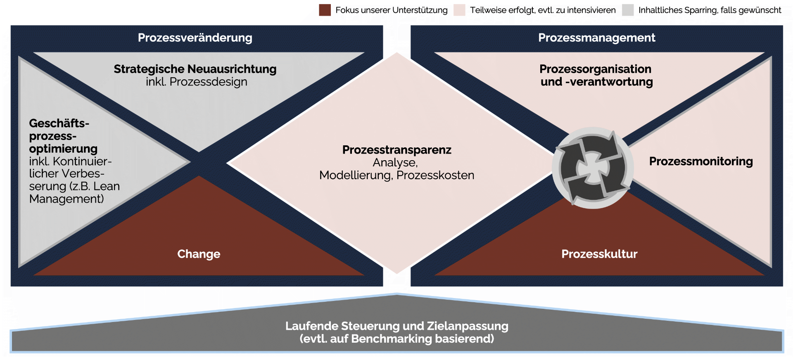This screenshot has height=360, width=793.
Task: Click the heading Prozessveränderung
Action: (x=195, y=38)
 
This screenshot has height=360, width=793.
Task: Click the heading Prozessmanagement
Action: (x=596, y=38)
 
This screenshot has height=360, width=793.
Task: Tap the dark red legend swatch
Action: (x=325, y=10)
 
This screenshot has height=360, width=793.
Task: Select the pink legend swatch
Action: (x=459, y=10)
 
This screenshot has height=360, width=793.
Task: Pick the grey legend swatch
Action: (x=628, y=10)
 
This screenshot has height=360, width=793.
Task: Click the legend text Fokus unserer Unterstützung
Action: (x=392, y=10)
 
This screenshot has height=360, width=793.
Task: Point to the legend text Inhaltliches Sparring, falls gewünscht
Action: (x=710, y=10)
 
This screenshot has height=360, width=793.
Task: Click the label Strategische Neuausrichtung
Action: (x=195, y=69)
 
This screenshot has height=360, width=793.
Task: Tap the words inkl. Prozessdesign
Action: (x=197, y=82)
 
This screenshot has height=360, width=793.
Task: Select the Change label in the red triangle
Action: (x=199, y=254)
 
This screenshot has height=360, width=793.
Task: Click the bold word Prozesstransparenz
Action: (x=397, y=149)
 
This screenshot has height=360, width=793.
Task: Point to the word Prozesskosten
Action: (x=435, y=175)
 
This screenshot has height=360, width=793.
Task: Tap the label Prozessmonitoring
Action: (x=701, y=161)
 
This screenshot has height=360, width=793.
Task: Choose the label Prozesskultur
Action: (x=599, y=254)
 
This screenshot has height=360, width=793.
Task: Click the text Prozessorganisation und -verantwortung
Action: (x=596, y=75)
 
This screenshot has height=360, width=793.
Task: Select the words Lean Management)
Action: (x=75, y=192)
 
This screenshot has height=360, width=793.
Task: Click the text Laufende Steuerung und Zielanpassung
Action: (x=397, y=326)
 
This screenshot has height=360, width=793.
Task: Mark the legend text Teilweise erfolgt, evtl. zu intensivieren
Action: (x=543, y=10)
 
